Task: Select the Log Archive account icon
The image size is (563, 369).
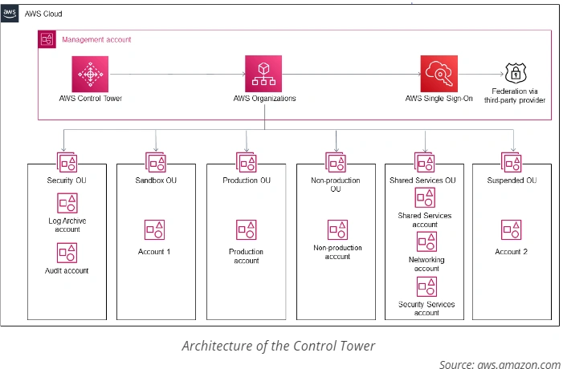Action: (67, 203)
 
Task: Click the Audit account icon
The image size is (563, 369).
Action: (67, 253)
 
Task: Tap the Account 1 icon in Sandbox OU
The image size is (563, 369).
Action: (154, 229)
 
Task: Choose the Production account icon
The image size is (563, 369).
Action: (246, 229)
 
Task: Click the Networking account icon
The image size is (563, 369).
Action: (426, 243)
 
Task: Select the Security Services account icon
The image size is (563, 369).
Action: (426, 286)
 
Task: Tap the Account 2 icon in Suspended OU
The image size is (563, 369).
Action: (512, 229)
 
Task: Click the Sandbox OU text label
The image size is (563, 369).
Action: (157, 180)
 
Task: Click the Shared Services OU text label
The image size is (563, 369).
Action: (426, 180)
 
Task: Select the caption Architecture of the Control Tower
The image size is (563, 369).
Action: (278, 346)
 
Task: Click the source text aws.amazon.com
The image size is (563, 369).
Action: (500, 363)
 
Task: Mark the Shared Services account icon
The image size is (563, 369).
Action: (426, 198)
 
